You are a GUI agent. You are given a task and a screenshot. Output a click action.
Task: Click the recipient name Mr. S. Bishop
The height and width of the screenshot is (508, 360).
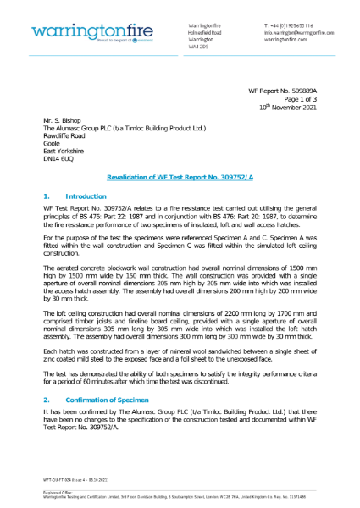[x=64, y=121]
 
